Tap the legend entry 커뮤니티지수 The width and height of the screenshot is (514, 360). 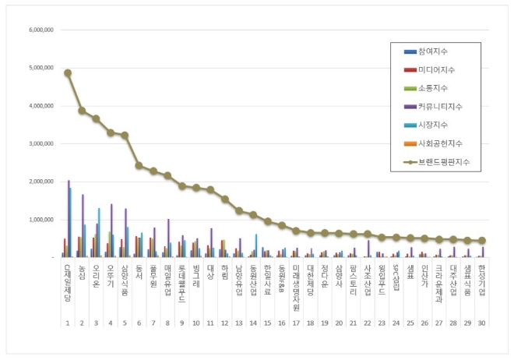click(441, 108)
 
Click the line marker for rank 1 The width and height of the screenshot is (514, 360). click(68, 72)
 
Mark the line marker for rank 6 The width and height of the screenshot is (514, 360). click(139, 165)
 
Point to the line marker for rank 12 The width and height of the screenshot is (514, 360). click(224, 199)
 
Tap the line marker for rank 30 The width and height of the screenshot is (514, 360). click(482, 241)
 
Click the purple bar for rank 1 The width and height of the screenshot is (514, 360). click(69, 219)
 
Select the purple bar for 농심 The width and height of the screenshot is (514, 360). click(83, 226)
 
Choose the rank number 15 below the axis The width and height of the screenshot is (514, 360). click(267, 322)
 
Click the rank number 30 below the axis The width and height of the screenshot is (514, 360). click(482, 322)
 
